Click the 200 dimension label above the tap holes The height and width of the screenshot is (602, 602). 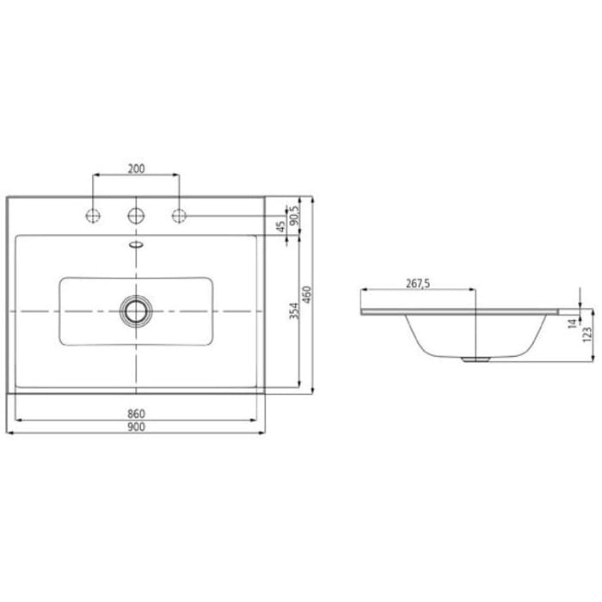[136, 169]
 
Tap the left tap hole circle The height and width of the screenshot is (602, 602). [92, 215]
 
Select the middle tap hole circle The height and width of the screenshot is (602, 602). [135, 215]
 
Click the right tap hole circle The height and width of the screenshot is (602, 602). [179, 215]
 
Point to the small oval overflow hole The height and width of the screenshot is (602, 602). [135, 244]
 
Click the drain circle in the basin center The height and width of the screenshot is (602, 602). [135, 310]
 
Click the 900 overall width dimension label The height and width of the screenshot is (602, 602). [136, 427]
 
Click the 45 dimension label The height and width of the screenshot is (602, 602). [280, 227]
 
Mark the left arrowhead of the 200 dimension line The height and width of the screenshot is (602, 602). [95, 175]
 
